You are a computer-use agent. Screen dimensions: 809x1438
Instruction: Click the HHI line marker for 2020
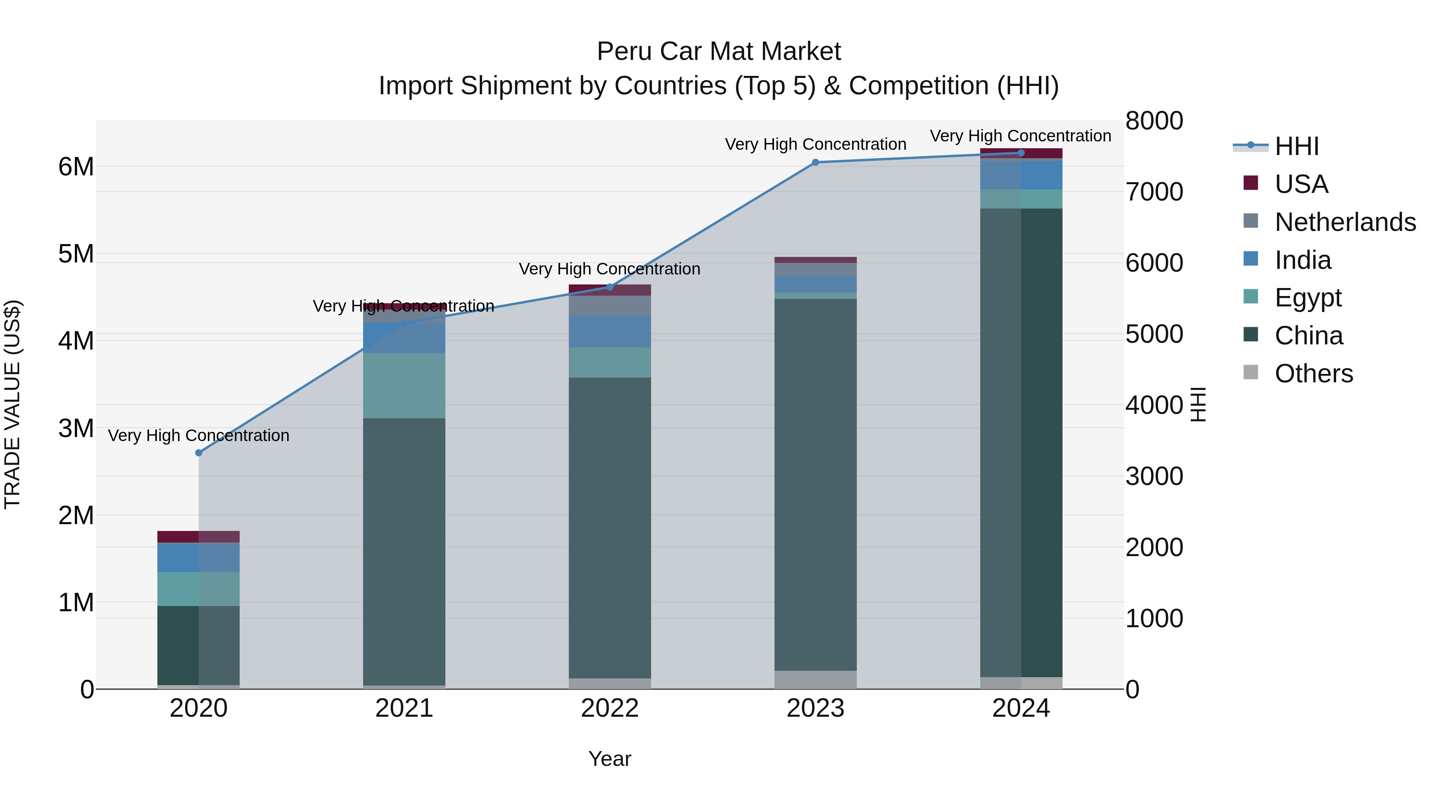(x=199, y=453)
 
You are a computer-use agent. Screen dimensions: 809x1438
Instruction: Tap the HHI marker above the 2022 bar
(x=610, y=287)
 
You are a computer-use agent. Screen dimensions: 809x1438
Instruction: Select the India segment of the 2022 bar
(x=610, y=332)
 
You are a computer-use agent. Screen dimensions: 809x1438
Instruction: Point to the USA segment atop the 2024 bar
(x=1021, y=153)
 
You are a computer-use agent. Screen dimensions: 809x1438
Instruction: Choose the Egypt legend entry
(x=1307, y=298)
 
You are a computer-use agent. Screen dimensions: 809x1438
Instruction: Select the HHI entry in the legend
(x=1296, y=146)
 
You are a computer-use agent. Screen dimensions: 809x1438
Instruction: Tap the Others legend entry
(x=1313, y=374)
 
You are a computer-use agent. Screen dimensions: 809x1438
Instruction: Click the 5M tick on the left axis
(x=76, y=254)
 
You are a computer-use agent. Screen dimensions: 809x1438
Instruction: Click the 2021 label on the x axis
(x=404, y=708)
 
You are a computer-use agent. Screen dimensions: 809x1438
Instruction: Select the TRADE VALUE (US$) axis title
(x=12, y=404)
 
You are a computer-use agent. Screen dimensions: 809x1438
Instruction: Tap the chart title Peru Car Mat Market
(x=719, y=52)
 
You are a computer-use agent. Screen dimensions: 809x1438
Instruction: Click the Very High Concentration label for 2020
(x=199, y=435)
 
